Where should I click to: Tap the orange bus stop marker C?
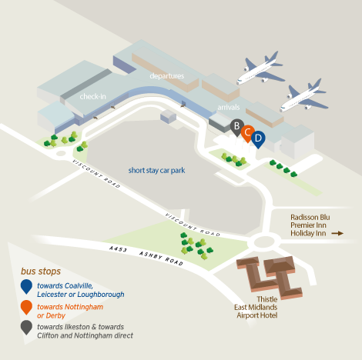coord(247,133)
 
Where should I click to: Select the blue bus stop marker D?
coord(258,139)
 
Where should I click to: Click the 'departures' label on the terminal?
coord(167,76)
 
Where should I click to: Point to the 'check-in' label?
coord(92,96)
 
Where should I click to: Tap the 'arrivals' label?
coord(229,107)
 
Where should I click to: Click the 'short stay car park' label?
coord(156,170)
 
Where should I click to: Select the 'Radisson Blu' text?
coord(310,217)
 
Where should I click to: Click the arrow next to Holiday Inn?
coord(337,233)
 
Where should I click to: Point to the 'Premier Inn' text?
coord(308,225)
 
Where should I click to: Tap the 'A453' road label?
coord(118,248)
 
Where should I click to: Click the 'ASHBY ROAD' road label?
coord(161,258)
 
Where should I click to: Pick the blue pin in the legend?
coord(26,286)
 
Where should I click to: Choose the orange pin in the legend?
coord(26,307)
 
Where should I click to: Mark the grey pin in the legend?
coord(26,328)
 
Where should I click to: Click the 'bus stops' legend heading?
coord(41,271)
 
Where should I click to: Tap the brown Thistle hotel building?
coord(270,277)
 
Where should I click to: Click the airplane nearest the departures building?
coord(260,68)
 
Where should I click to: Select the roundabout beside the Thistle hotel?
coord(264,242)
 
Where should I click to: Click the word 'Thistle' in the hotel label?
coord(267,299)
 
